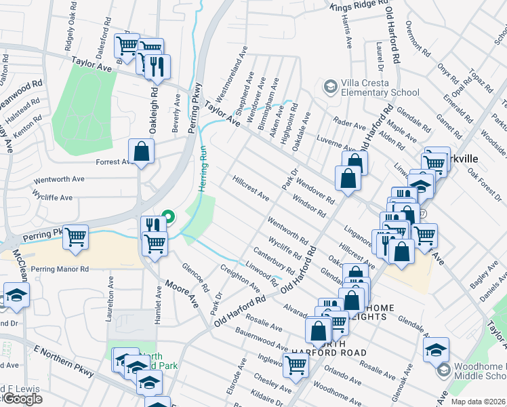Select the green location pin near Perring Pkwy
[x=169, y=217]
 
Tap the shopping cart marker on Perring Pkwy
[x=75, y=237]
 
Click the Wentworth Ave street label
[x=60, y=180]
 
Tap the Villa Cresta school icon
[x=330, y=86]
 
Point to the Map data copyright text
[x=478, y=402]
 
